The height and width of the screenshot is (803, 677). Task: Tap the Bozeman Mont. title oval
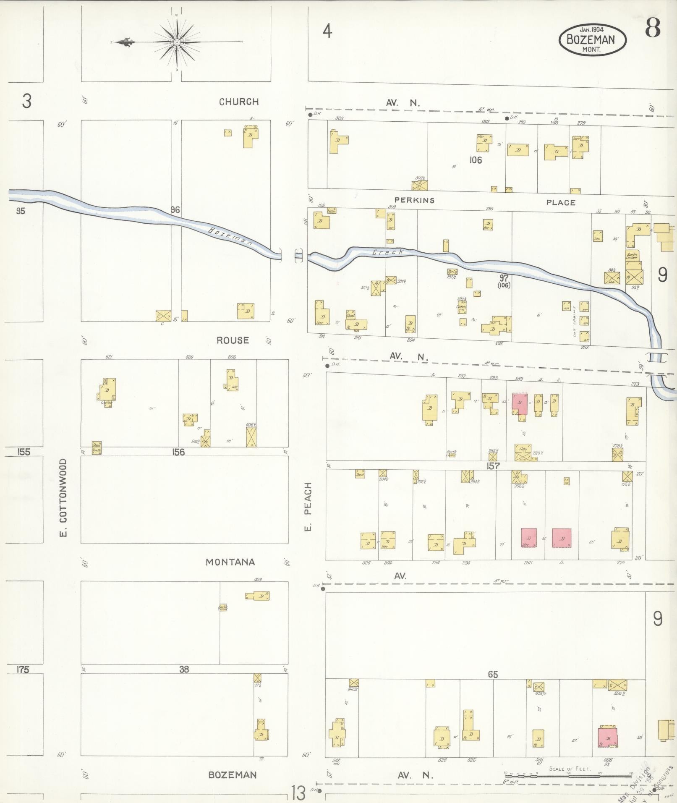coord(592,40)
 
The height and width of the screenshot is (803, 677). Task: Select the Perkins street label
coord(414,200)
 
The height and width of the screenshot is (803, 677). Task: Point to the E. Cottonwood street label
coord(63,497)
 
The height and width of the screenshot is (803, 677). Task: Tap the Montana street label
coord(230,562)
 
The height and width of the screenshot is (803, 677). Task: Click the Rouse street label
coord(233,340)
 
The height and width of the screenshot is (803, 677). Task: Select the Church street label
coord(238,102)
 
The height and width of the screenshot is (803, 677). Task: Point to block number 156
coord(178,452)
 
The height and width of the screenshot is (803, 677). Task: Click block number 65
coord(492,675)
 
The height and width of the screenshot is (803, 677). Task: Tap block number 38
coord(184,670)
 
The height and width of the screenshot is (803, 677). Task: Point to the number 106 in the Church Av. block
coord(476,160)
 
